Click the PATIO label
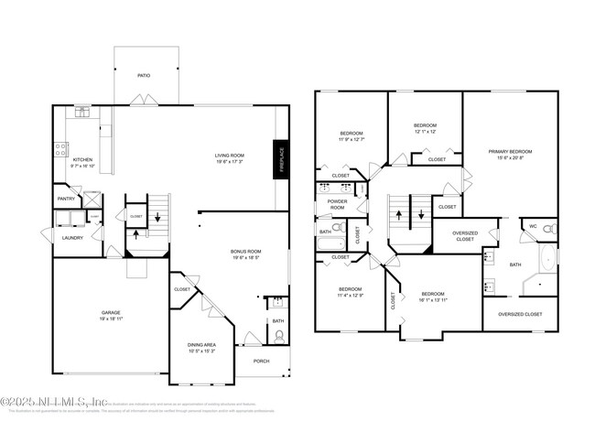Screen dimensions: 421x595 coord(144,76)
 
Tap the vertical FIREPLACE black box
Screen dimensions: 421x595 coord(282,158)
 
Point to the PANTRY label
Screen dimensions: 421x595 coord(66,199)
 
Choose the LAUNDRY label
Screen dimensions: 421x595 coord(72,238)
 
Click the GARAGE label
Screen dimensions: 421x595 coord(111,313)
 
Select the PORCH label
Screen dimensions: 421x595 coord(261,360)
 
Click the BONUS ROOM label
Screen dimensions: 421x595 coord(246,251)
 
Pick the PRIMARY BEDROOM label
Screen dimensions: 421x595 coord(510,152)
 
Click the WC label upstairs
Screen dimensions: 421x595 coord(533,225)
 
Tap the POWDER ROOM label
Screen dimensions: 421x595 coord(337,200)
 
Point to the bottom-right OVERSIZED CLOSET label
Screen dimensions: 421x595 coord(520,314)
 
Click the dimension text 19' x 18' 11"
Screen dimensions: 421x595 coord(111,319)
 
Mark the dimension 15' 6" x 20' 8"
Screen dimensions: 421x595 coord(510,158)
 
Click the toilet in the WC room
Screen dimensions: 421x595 coord(549,229)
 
